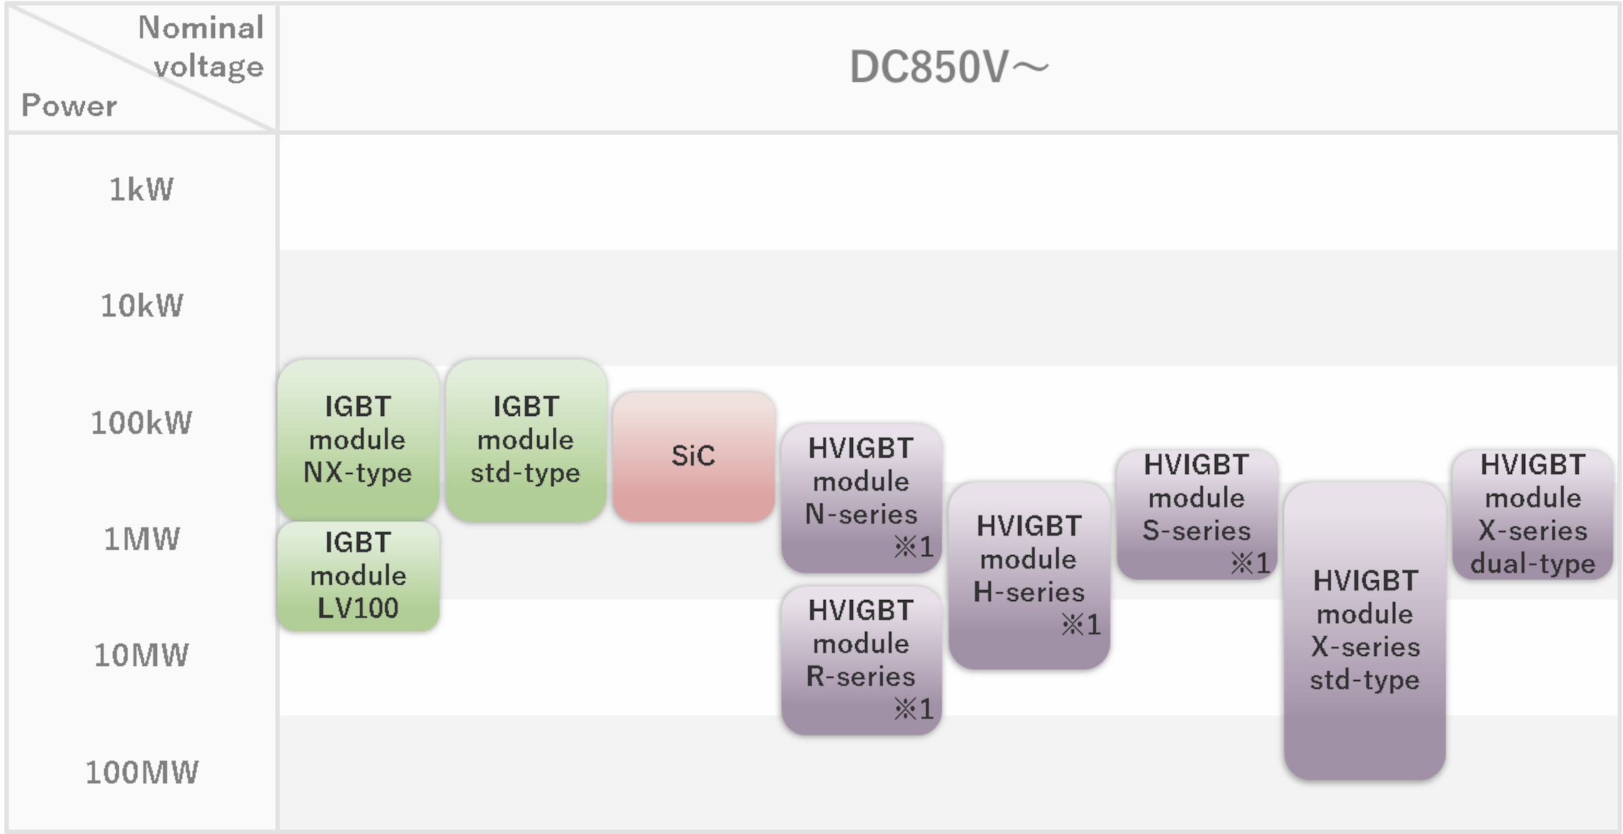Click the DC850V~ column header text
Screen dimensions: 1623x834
(x=949, y=67)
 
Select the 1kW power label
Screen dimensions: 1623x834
(x=141, y=189)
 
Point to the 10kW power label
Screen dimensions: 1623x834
(x=142, y=306)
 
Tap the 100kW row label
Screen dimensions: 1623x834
(x=141, y=423)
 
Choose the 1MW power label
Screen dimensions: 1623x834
(x=142, y=539)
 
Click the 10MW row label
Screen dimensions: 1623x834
(x=141, y=655)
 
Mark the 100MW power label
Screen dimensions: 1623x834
(x=142, y=771)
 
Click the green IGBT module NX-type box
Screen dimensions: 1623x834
(x=358, y=440)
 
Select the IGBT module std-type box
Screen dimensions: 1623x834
(x=525, y=440)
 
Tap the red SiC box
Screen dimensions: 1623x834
(x=693, y=456)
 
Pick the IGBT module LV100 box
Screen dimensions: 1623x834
(x=358, y=576)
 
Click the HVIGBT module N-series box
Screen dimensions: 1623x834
(x=861, y=498)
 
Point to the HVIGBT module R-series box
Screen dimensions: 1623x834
(x=861, y=660)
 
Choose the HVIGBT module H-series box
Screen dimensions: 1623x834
(x=1029, y=575)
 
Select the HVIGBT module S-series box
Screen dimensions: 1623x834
(x=1197, y=514)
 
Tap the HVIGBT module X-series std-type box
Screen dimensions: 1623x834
(x=1364, y=630)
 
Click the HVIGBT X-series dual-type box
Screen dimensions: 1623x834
(x=1532, y=514)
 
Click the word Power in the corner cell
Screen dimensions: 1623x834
(x=69, y=105)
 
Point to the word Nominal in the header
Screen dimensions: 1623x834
(x=201, y=28)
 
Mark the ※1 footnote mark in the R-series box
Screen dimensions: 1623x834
(x=913, y=709)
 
